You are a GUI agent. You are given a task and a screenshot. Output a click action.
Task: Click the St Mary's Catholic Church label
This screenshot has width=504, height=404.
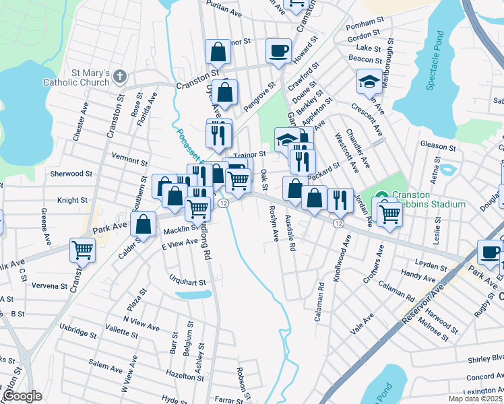click(90, 77)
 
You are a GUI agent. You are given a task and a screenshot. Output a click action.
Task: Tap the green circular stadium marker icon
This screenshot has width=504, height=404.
click(382, 196)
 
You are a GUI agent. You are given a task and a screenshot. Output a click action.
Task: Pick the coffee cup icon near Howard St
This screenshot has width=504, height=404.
click(278, 51)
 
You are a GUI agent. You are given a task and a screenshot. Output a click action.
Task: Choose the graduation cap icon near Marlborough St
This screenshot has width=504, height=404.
click(369, 81)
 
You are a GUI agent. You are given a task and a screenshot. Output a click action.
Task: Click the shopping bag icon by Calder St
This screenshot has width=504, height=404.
click(144, 225)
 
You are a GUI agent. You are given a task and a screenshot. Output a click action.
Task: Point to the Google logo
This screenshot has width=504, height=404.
click(22, 396)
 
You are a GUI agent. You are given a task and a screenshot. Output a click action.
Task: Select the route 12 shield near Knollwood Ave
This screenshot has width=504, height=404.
click(338, 223)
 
